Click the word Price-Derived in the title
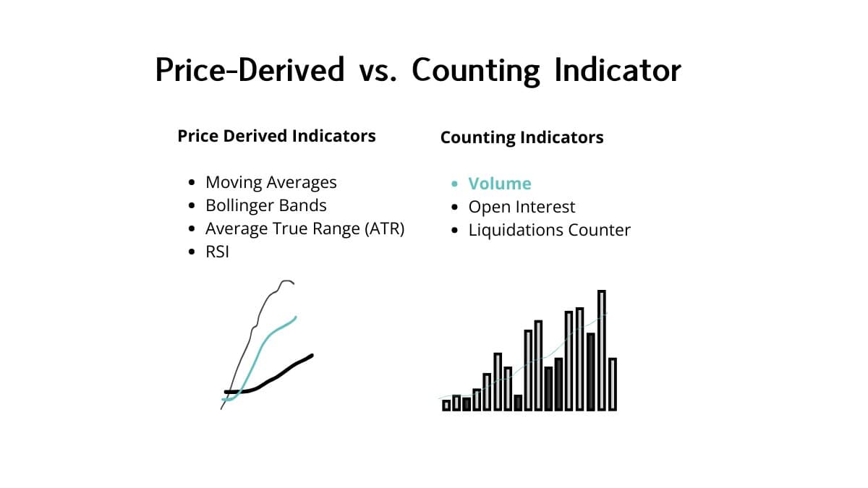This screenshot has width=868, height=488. (250, 70)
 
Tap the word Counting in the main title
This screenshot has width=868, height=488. (476, 70)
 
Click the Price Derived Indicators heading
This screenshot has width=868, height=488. (276, 136)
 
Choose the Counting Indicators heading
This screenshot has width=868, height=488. (522, 137)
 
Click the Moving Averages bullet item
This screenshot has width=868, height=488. (271, 182)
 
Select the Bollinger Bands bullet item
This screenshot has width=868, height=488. (266, 205)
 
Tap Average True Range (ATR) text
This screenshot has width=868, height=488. (305, 228)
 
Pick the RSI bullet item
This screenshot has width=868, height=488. (217, 252)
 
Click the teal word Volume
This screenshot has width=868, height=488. (500, 184)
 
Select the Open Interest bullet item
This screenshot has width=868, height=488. (522, 207)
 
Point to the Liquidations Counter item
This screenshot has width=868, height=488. (550, 230)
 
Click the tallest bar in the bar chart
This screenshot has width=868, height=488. (602, 350)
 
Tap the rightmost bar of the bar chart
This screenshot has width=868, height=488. (613, 384)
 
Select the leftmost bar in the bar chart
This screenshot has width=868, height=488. (446, 405)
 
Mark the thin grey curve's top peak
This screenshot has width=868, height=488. (286, 281)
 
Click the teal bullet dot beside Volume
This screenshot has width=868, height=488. (454, 184)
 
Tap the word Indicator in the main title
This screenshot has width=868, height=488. (617, 70)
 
